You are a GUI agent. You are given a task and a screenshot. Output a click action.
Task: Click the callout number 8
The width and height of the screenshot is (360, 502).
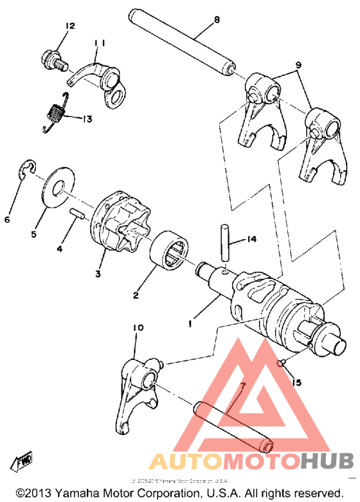coord(217,21)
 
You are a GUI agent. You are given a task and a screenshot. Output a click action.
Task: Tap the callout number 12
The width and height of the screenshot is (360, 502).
coord(69,26)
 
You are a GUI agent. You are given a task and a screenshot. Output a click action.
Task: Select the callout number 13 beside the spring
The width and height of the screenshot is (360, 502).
coord(87,118)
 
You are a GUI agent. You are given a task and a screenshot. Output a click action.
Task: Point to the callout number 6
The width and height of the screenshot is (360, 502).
coord(8,220)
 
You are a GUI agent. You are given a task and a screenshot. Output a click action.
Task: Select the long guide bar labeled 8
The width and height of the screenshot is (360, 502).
coord(184,40)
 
